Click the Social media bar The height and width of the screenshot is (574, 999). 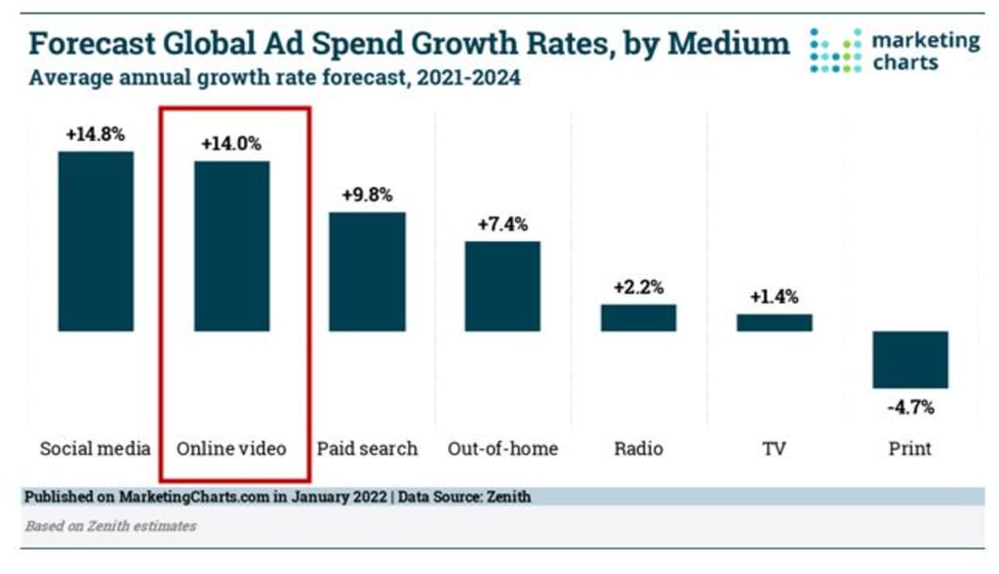[96, 241]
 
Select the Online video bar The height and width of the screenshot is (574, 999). [231, 246]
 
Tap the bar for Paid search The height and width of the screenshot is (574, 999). [367, 271]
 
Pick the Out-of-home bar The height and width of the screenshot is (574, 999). [502, 286]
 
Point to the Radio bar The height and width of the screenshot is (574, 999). [638, 317]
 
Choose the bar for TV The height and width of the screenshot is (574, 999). [774, 322]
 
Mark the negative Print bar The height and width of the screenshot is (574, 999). [910, 359]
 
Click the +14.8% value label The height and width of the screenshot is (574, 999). [96, 135]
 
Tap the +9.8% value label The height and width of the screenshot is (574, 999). [367, 194]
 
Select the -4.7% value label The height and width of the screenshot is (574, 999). [910, 405]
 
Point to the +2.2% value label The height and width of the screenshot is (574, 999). [638, 288]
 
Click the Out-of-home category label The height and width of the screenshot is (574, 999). [502, 449]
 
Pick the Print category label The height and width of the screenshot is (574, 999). [910, 449]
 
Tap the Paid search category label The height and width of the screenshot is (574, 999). [367, 449]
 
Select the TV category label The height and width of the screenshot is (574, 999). [774, 449]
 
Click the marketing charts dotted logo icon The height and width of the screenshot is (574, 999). [835, 51]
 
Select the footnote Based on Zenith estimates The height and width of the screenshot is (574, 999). [110, 526]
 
